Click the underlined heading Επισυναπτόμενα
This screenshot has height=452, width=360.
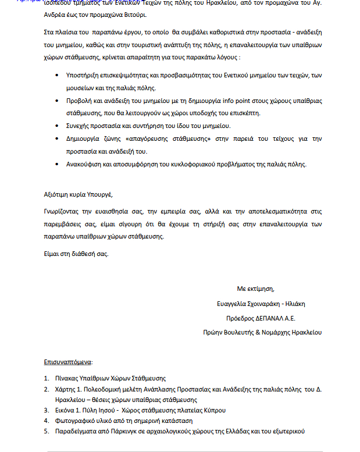coord(68,361)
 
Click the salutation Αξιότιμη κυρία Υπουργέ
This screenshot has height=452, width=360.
coord(78,194)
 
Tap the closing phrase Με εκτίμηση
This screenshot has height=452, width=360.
coord(255,289)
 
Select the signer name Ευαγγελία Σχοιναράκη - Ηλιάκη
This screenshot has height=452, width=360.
coord(258,303)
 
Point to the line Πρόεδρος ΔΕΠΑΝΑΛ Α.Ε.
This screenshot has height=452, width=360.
coord(261,318)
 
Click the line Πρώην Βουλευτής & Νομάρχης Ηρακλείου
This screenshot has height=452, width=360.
coord(259,333)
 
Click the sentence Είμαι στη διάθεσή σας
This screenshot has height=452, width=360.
coord(76,254)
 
